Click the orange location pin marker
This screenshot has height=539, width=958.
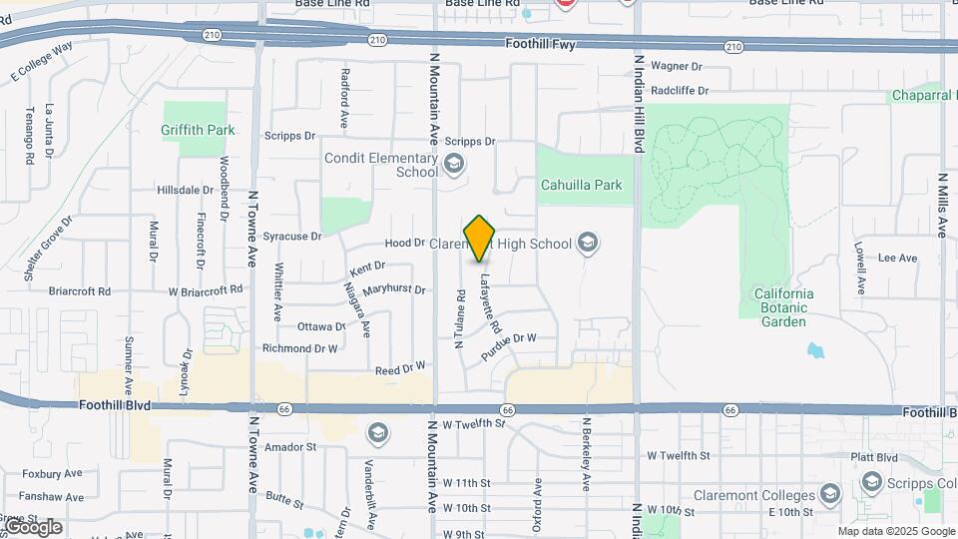coord(480,238)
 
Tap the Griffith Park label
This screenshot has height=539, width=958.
coord(198,130)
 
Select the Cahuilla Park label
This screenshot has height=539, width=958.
coord(581,185)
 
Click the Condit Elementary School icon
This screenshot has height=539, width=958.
coord(454,164)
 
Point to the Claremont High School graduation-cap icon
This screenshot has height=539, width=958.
coord(588,244)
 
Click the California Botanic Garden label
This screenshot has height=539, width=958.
coord(783,300)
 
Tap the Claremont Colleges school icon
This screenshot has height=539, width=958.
coord(829,493)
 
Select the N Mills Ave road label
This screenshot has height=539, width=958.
coord(941,205)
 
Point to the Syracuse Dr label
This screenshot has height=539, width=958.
coord(292,237)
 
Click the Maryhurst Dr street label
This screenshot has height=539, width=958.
coord(394,290)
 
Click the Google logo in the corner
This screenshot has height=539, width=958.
coord(33,526)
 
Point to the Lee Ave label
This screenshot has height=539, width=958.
coord(897,258)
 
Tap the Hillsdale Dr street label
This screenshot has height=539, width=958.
coord(186,190)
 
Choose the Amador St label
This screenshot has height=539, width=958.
coord(290,447)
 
